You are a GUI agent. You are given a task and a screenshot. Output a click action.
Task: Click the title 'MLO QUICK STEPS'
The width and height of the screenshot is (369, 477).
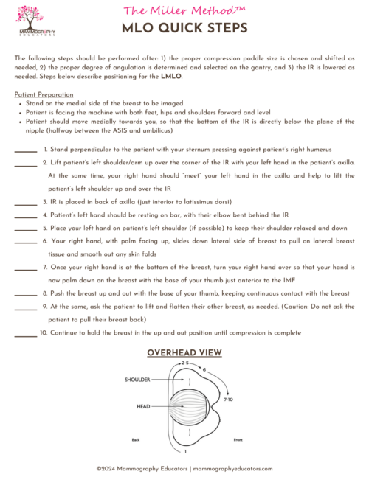coord(184,28)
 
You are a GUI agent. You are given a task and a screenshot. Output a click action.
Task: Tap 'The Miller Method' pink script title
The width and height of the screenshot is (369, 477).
coord(184,10)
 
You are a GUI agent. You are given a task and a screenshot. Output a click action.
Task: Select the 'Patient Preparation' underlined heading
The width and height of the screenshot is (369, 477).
coord(44,94)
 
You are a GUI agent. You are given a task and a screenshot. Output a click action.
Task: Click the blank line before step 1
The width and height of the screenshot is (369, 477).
coord(25,150)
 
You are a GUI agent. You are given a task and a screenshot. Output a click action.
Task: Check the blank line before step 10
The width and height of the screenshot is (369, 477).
coord(25,334)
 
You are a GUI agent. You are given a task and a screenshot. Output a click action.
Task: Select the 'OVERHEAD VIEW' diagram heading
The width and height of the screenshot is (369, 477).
coord(184,353)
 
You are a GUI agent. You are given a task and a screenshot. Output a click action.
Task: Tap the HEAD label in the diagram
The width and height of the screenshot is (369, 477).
coord(142,406)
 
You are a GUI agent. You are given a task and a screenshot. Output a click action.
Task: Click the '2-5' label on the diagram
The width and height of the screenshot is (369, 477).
coord(185,364)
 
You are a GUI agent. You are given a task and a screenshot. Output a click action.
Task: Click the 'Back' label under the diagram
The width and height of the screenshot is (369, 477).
coord(136,440)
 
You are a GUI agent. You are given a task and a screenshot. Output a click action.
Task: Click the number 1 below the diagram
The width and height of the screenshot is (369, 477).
coord(184,450)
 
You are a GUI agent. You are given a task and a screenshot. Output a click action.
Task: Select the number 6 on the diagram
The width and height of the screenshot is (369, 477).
coord(204,369)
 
